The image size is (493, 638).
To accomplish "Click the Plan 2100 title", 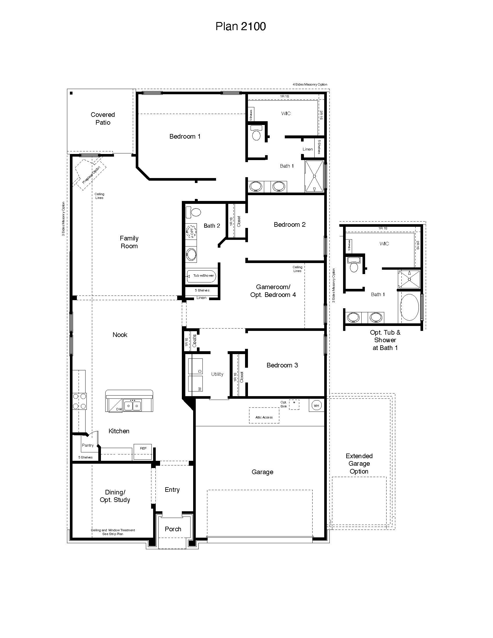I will click(240, 26).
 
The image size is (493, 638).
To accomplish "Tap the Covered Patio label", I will click(103, 118).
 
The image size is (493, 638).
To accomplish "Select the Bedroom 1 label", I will click(185, 136).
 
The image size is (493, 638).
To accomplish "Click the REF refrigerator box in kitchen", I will click(143, 451).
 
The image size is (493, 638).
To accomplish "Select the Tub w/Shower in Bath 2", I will click(201, 276).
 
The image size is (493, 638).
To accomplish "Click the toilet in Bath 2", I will click(193, 212).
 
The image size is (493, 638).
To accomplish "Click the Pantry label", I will click(88, 445).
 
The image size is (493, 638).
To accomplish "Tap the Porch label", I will click(173, 529).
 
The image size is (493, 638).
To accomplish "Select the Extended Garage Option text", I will click(359, 464).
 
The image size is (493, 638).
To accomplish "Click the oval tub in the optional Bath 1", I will click(409, 307).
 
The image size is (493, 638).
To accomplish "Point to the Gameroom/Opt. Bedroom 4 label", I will click(273, 291).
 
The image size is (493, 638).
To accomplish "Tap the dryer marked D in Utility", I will click(195, 366).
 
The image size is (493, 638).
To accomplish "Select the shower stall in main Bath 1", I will click(315, 176).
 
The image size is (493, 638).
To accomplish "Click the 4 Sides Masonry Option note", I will click(310, 84).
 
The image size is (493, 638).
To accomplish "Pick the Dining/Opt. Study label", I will click(115, 496).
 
